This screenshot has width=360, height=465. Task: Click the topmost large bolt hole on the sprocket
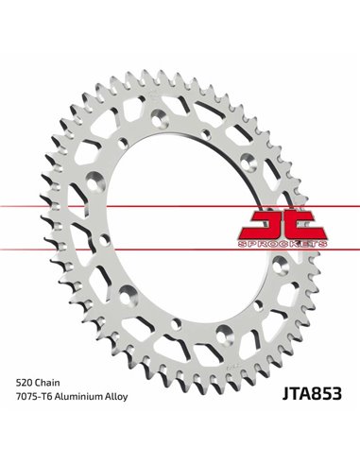coord(162,111)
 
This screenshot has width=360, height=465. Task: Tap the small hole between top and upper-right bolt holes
coord(207,124)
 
